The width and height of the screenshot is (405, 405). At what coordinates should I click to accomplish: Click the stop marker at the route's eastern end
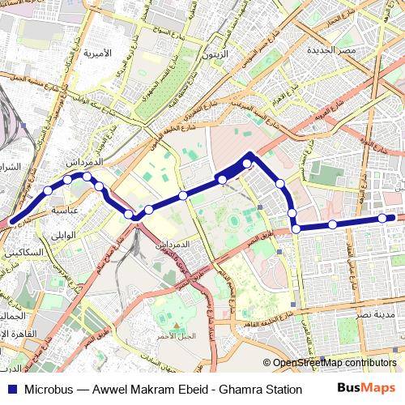(x=382, y=217)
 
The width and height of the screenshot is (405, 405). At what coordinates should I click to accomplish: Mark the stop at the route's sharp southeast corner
(x=296, y=229)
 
